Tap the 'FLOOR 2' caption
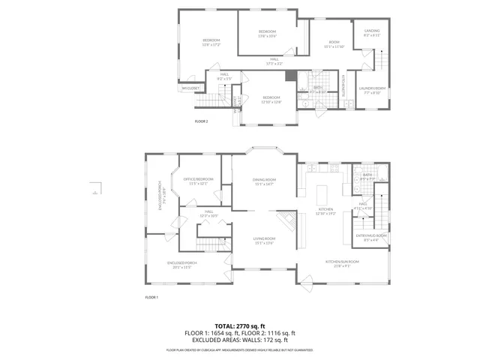coord(201,121)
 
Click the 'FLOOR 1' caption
coord(151,298)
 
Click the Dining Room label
coord(265,181)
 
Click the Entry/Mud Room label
coord(370,237)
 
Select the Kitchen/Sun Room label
coord(342,262)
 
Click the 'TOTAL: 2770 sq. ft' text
coord(240,325)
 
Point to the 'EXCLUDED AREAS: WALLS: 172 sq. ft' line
coord(240,340)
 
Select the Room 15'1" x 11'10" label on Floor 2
coord(333,45)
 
